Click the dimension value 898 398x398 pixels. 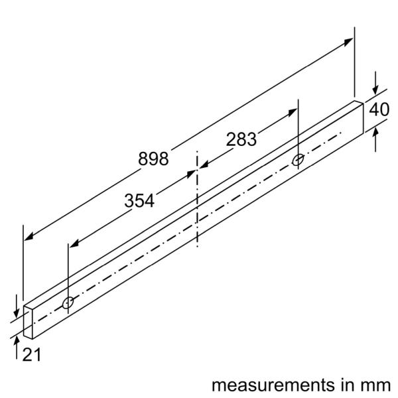point(153,159)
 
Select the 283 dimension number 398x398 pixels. point(241,140)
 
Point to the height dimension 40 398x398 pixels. point(379,110)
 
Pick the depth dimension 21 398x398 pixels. point(31,355)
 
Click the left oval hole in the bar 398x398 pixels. point(68,302)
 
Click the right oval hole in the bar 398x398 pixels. point(298,159)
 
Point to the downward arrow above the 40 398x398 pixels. point(375,92)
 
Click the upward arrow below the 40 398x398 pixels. point(375,131)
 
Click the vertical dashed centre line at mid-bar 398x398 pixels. point(197,199)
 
